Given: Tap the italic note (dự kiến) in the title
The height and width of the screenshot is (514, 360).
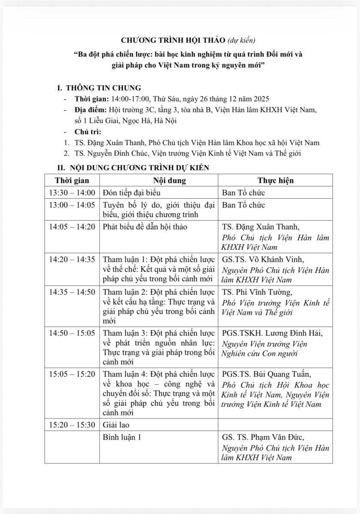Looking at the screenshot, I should (242, 41).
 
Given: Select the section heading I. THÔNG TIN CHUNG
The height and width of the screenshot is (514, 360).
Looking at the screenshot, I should (99, 88).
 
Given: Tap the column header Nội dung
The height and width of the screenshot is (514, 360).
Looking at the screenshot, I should (159, 181).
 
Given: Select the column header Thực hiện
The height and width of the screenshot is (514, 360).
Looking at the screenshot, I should (275, 181).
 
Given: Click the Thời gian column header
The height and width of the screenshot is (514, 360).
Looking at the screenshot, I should (72, 181).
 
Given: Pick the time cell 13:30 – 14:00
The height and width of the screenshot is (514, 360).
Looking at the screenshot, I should (72, 193).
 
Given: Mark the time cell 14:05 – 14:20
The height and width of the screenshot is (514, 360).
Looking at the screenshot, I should (72, 227).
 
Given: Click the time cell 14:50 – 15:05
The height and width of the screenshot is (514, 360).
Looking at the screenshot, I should (72, 333).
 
